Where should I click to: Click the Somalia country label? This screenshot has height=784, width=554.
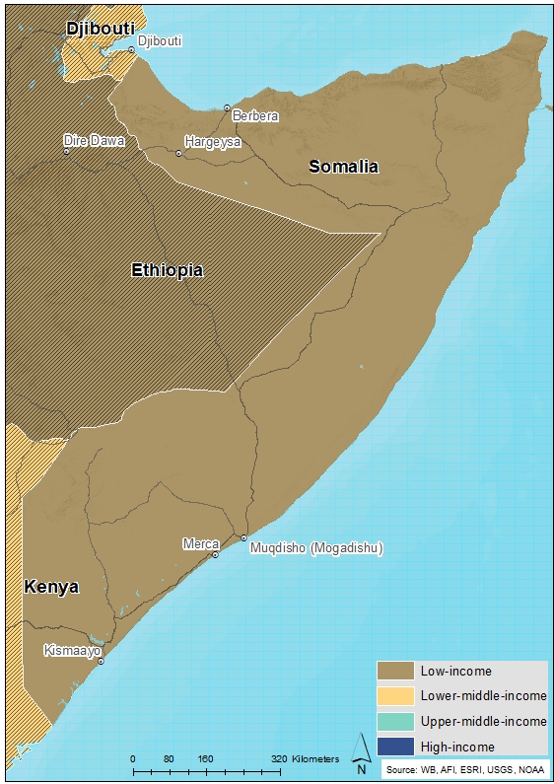click(343, 167)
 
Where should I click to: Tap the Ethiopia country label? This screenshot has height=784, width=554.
click(168, 270)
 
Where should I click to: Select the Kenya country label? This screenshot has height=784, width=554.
click(51, 588)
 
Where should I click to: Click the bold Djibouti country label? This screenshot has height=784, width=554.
click(101, 29)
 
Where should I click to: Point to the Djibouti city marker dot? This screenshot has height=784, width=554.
click(131, 49)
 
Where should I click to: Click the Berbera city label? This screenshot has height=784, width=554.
click(255, 116)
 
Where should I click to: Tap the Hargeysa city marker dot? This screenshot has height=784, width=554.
click(178, 153)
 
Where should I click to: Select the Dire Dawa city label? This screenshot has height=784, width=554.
click(94, 141)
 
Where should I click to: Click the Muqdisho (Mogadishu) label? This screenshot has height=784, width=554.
click(316, 548)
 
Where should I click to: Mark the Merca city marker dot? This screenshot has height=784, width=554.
click(216, 555)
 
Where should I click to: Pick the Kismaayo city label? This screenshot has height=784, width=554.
click(71, 651)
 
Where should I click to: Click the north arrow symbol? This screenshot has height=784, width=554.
click(361, 748)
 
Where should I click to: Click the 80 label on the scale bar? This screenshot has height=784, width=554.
click(169, 759)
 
